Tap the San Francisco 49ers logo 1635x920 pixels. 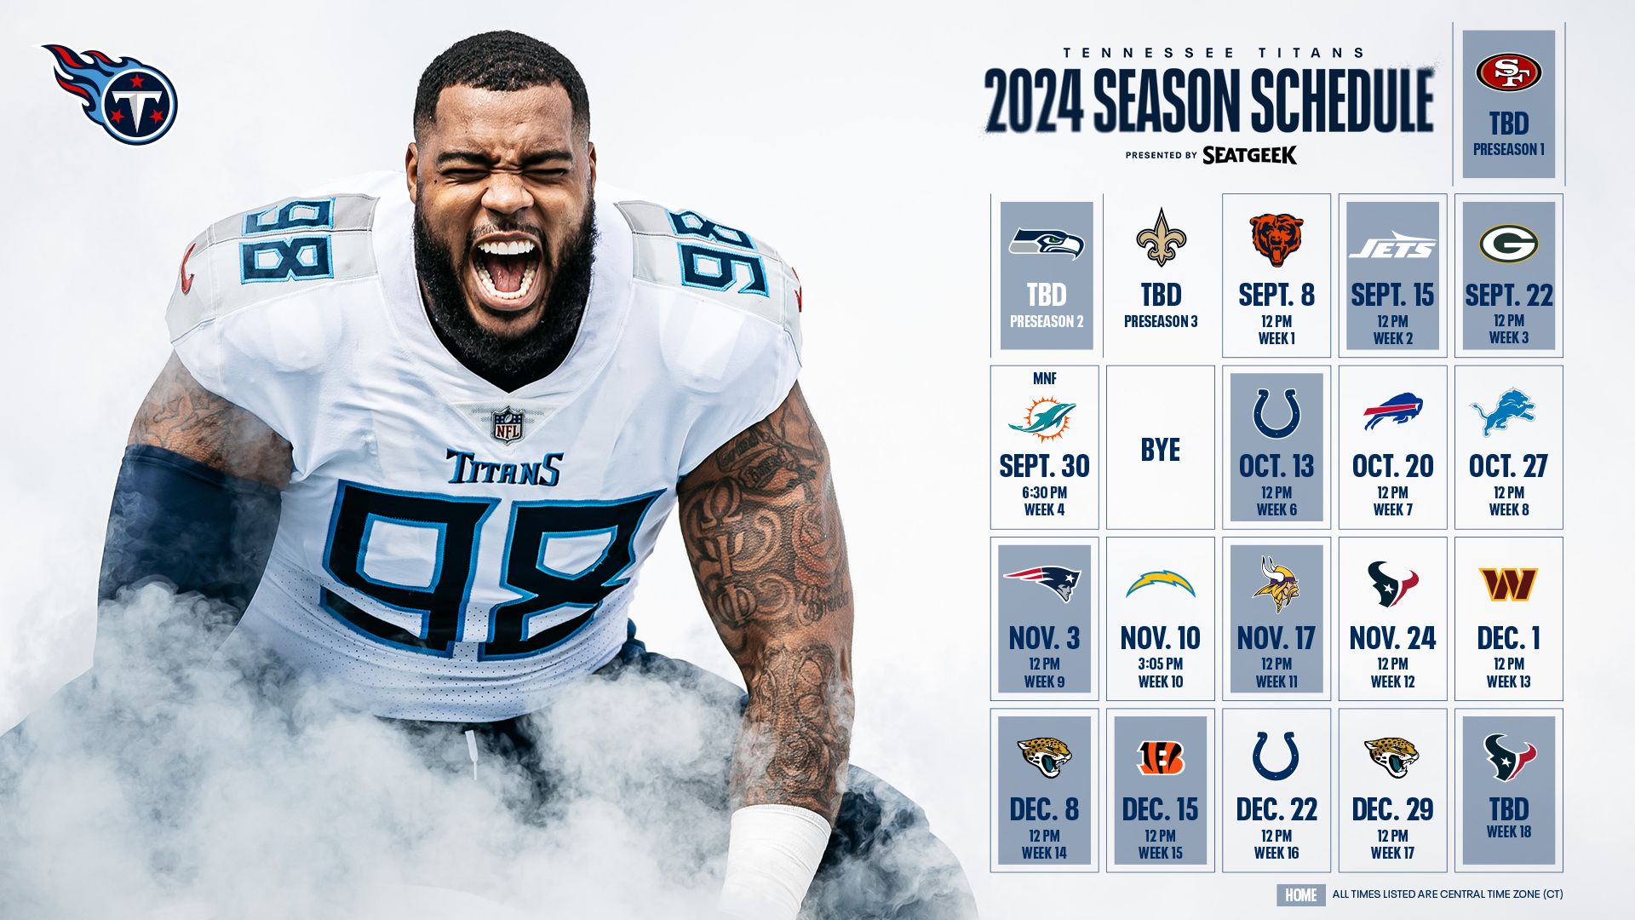tap(1508, 72)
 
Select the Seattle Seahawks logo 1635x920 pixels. tap(1046, 244)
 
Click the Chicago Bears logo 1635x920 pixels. tap(1276, 239)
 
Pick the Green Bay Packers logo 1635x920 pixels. tap(1508, 244)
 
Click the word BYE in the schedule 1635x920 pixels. tap(1160, 450)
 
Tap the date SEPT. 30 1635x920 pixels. tap(1044, 466)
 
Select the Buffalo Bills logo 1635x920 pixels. tap(1392, 411)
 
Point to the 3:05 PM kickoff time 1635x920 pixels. tap(1160, 664)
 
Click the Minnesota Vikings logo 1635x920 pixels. tap(1276, 584)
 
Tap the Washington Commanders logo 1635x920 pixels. tap(1508, 584)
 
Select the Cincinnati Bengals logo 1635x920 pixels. tap(1160, 757)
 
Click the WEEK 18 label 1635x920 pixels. tap(1508, 832)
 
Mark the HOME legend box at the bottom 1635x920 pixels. tap(1300, 895)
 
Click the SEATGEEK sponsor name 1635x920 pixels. tap(1249, 155)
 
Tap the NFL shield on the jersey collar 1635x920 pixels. tap(507, 424)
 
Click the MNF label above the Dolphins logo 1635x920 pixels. tap(1044, 378)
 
